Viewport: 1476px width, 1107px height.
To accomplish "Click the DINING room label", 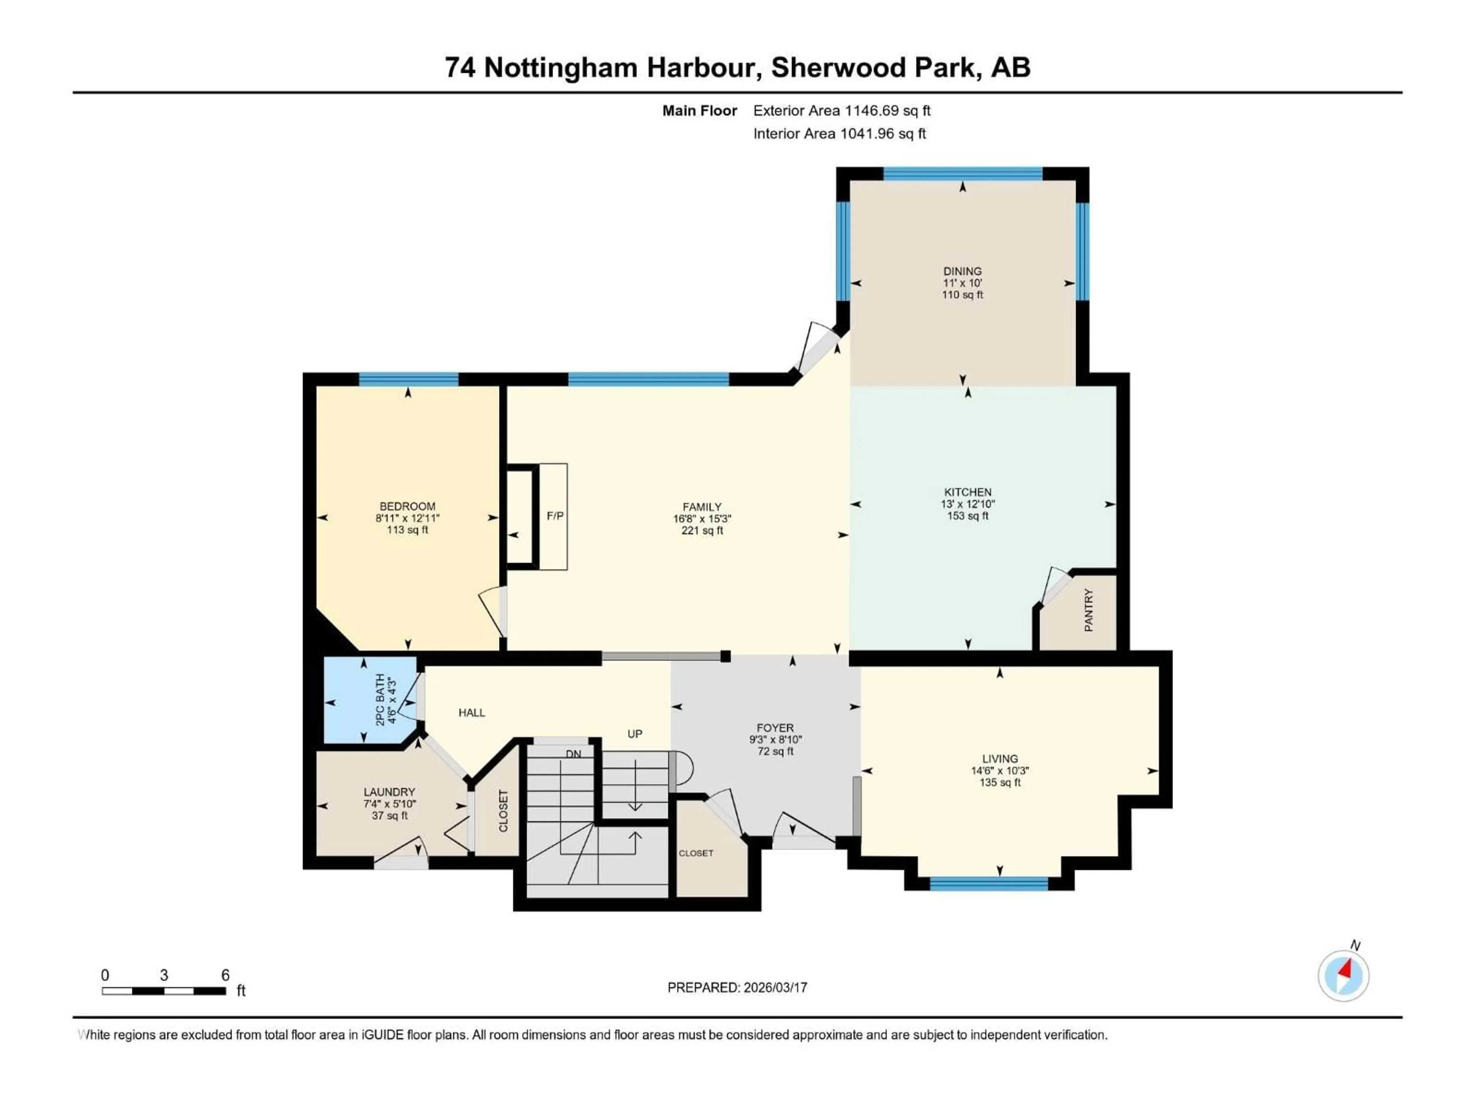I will [x=962, y=271].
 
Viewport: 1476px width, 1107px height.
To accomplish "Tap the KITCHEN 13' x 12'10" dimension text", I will [x=967, y=504].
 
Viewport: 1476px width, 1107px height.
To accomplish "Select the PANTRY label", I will [x=1088, y=610].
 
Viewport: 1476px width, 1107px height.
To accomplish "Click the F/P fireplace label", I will [x=555, y=516].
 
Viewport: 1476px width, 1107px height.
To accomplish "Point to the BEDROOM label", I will [x=407, y=507].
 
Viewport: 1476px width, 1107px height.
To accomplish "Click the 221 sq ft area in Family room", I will [x=702, y=530].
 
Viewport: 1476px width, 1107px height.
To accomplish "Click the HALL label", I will [x=472, y=713].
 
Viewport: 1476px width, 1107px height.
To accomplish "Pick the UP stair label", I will [x=635, y=734].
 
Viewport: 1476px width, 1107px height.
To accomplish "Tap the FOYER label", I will [x=775, y=728].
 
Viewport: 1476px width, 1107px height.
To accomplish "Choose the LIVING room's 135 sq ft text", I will [x=1000, y=782].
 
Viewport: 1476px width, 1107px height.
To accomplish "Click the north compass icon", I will [x=1343, y=976].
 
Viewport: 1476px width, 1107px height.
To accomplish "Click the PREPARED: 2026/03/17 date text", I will [x=737, y=987].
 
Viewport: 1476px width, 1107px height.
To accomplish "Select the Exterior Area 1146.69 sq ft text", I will [x=841, y=111].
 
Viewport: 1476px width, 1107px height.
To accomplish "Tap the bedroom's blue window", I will [x=408, y=380].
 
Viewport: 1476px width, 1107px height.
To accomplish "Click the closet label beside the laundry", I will [x=503, y=811].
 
